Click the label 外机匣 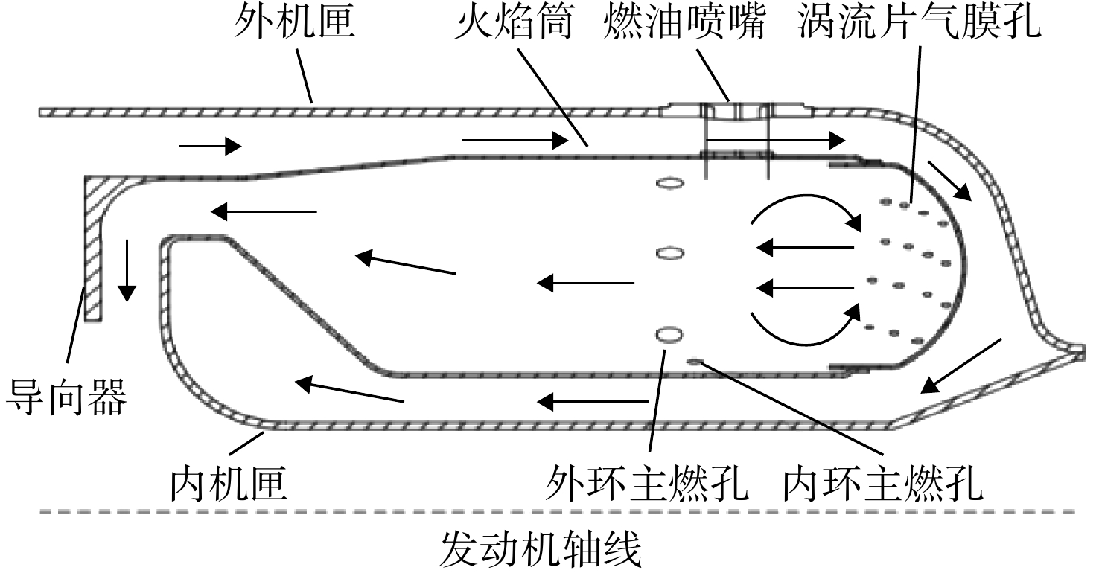294,22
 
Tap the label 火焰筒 513,22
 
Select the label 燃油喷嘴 684,22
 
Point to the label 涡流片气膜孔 920,22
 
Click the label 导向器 66,397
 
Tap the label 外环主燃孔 648,484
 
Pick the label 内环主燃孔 883,484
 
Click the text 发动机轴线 541,549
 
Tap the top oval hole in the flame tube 670,184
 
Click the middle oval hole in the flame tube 670,254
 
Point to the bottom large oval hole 669,336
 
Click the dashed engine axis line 557,512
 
